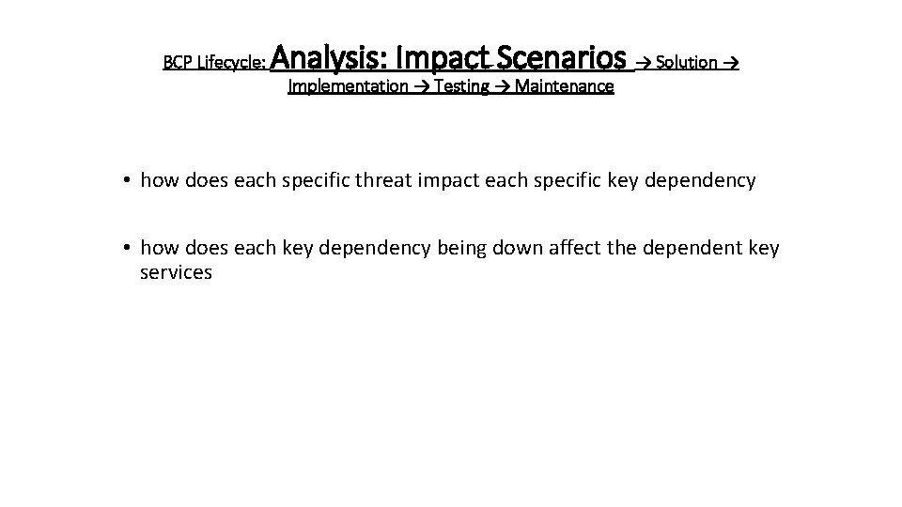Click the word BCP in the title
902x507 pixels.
pos(175,63)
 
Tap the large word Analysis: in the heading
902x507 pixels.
pos(333,59)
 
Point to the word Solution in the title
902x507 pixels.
pos(687,63)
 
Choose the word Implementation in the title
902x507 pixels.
pos(347,86)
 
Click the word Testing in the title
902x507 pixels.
pos(461,86)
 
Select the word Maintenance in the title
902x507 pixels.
pos(564,86)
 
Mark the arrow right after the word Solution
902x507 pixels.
pos(731,63)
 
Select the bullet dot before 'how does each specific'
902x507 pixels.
pos(126,180)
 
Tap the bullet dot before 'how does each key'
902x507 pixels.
pos(126,248)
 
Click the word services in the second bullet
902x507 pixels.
pos(176,273)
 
